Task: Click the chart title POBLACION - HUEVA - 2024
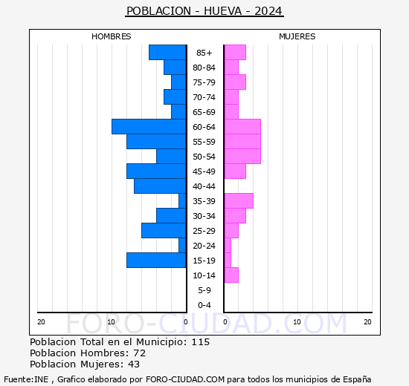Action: [204, 11]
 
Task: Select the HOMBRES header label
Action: [112, 36]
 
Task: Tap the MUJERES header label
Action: [297, 36]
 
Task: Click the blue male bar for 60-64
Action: [149, 127]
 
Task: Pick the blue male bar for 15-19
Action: [156, 261]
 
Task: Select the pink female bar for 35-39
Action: [239, 201]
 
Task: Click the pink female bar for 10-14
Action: [231, 275]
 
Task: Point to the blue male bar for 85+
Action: [167, 53]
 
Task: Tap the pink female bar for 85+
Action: [235, 53]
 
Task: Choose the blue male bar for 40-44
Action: [160, 186]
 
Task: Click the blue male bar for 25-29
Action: [164, 231]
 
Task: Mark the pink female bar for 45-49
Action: [235, 171]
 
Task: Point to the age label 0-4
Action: [204, 305]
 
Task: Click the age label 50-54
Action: [204, 157]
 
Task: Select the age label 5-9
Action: [204, 290]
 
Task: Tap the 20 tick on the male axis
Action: [41, 321]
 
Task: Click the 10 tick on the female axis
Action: [297, 321]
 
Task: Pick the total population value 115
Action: [200, 342]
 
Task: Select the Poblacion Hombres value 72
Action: [139, 353]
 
